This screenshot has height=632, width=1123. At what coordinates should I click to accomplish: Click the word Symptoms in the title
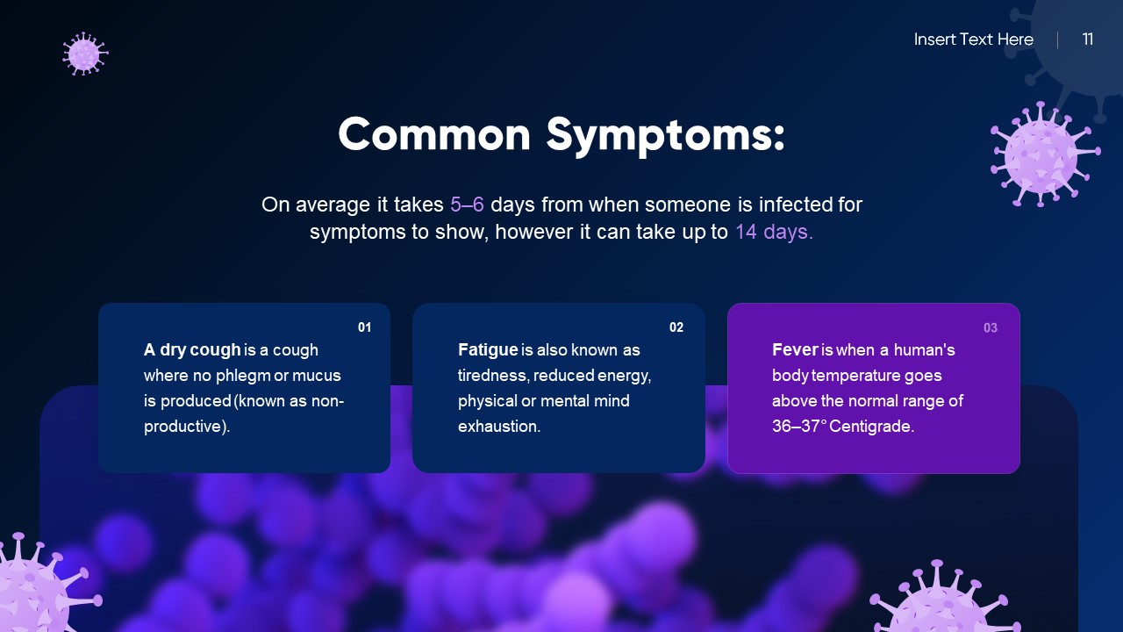(x=665, y=136)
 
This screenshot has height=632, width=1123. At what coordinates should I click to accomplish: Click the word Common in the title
(x=434, y=135)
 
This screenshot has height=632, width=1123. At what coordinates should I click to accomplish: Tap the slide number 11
(x=1088, y=39)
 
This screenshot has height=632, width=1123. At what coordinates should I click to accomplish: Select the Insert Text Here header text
(x=973, y=39)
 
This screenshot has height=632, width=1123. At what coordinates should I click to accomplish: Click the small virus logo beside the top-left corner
(x=85, y=54)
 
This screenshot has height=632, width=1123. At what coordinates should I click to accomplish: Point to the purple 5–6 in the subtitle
(x=467, y=205)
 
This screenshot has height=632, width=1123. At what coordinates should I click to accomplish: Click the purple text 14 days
(x=774, y=233)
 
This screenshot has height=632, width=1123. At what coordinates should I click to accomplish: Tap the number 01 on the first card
(x=364, y=327)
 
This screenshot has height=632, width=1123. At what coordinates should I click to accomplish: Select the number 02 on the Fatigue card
(x=676, y=327)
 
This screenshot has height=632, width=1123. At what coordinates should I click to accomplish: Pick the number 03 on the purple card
(x=990, y=328)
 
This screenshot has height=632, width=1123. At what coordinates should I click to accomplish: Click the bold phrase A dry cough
(x=192, y=350)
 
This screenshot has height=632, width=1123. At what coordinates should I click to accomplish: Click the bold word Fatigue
(x=488, y=350)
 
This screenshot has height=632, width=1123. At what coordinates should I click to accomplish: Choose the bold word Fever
(x=795, y=350)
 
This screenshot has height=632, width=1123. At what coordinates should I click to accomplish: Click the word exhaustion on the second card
(x=498, y=427)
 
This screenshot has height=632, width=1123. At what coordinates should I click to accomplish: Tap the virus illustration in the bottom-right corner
(x=943, y=601)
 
